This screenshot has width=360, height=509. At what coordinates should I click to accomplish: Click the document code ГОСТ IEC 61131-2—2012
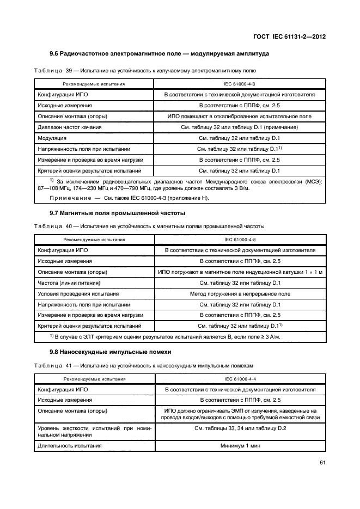click(292, 37)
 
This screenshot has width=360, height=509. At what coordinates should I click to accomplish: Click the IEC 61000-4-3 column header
click(240, 84)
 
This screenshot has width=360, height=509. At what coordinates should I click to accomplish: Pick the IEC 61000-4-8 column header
click(240, 240)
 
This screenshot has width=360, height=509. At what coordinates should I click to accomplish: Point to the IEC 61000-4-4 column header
click(240, 379)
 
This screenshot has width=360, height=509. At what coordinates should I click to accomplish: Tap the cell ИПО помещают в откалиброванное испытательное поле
click(240, 116)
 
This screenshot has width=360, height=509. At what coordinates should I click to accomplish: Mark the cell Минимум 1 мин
click(240, 445)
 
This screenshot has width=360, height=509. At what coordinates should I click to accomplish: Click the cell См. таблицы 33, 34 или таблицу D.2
click(240, 429)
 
